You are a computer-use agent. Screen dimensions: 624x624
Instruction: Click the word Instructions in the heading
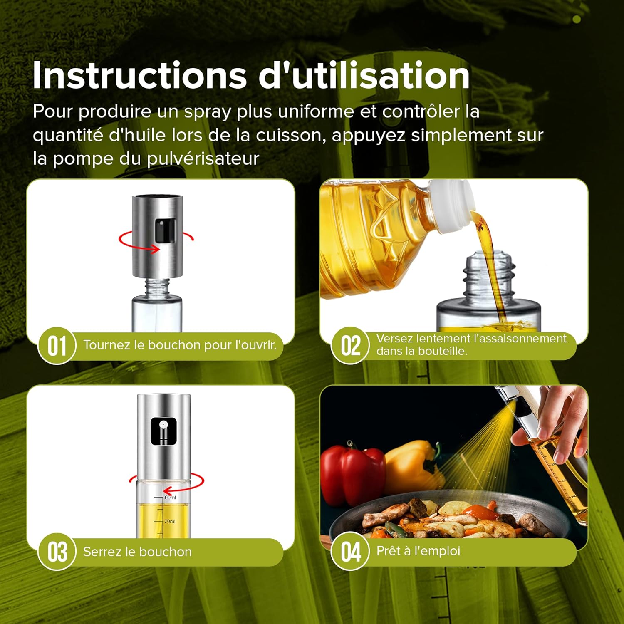139,76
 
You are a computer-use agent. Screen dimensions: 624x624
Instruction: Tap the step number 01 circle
57,346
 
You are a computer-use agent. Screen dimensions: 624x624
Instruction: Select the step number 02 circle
350,346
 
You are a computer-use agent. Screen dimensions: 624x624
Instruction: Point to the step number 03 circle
57,552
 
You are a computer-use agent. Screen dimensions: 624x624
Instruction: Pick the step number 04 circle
350,552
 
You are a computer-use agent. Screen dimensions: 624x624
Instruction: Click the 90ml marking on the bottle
170,498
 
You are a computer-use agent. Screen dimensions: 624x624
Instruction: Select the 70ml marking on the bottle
170,521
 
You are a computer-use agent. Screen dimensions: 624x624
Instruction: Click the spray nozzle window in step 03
163,431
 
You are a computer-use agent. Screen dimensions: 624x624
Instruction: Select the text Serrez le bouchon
137,552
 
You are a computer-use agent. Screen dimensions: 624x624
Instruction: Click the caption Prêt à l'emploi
418,551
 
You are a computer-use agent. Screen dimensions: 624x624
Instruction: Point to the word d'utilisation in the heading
364,76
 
